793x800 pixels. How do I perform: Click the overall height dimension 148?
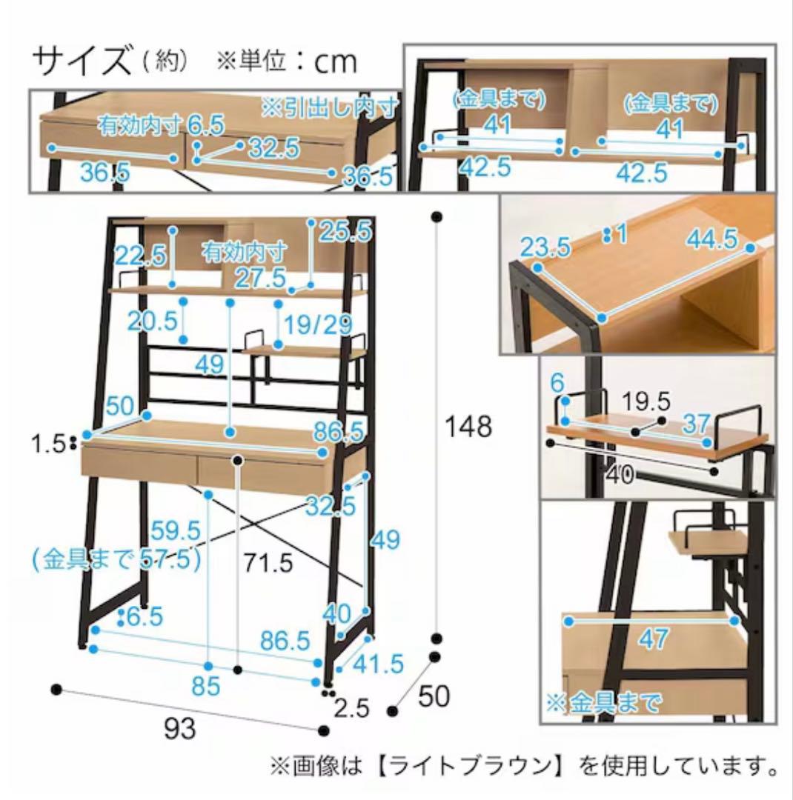point(468,427)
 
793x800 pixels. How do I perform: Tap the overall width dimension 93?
point(180,729)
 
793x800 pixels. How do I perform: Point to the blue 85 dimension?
point(205,687)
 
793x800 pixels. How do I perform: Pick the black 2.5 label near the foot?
point(352,709)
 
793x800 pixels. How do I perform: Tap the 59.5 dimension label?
point(176,530)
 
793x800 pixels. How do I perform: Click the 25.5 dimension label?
point(345,232)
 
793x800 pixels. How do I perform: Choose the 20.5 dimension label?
point(152,321)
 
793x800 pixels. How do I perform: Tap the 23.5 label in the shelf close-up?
point(545,247)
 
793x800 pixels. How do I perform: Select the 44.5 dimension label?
point(711,239)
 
